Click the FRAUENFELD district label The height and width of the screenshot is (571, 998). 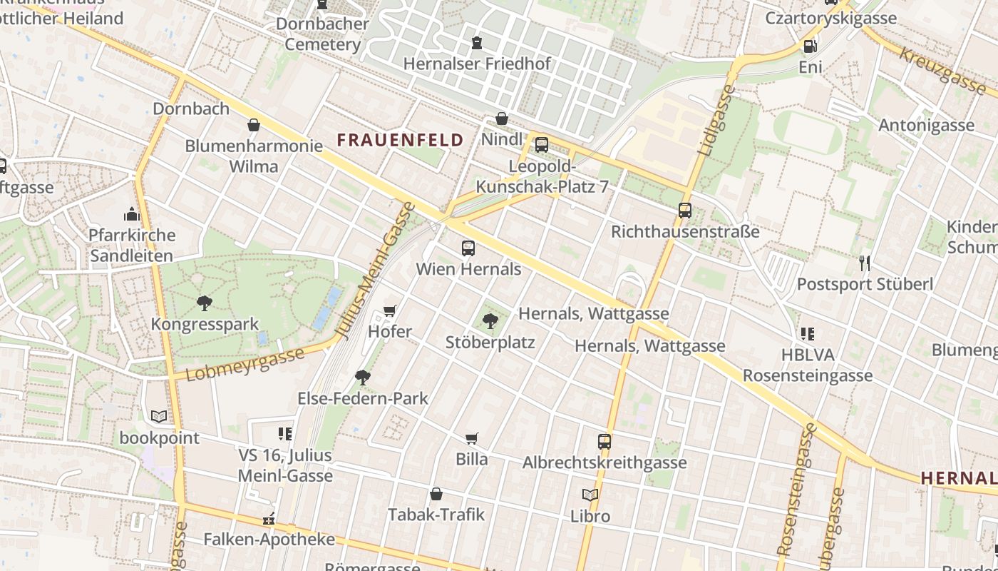[400, 140]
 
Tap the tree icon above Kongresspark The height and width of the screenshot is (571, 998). [205, 303]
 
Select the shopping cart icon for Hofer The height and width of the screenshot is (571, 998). [389, 310]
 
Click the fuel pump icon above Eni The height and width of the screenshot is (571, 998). [810, 46]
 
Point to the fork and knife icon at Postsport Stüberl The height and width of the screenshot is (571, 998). [865, 263]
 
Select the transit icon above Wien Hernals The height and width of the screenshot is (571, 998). [468, 248]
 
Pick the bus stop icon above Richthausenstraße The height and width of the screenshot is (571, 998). [685, 211]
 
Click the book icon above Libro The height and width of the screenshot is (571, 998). [590, 495]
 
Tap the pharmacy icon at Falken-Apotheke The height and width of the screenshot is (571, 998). [269, 519]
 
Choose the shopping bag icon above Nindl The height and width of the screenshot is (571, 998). [502, 118]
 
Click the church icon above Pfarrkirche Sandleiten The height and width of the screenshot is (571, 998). [132, 214]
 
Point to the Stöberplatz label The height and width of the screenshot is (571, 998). [490, 342]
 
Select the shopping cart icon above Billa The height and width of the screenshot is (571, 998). [471, 438]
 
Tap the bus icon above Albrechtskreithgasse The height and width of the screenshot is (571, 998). [605, 441]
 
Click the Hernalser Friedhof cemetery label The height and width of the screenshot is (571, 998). [477, 64]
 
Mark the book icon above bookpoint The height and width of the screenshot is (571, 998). [159, 416]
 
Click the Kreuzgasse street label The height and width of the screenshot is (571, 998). [941, 71]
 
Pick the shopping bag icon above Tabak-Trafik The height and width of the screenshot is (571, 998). [436, 494]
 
